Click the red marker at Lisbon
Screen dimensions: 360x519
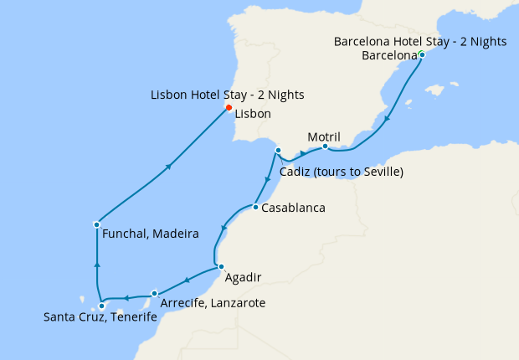click(229, 107)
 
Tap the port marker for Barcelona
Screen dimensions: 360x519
click(422, 55)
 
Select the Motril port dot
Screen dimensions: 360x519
click(325, 147)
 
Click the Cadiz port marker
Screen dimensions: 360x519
click(277, 151)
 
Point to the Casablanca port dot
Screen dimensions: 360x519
click(254, 207)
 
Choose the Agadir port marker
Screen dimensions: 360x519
click(221, 266)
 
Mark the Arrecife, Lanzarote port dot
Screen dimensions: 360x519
click(155, 293)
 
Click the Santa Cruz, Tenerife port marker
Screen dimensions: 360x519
click(102, 306)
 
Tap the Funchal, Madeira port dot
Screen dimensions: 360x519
click(97, 224)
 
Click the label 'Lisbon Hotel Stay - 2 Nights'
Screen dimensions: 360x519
click(228, 94)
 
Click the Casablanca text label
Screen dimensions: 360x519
click(293, 208)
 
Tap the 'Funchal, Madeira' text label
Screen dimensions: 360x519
click(150, 234)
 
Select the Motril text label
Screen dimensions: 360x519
click(325, 136)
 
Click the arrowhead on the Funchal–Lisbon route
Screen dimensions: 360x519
click(169, 167)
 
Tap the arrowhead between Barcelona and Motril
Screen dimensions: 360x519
click(387, 120)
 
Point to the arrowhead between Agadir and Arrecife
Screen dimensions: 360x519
click(186, 280)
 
